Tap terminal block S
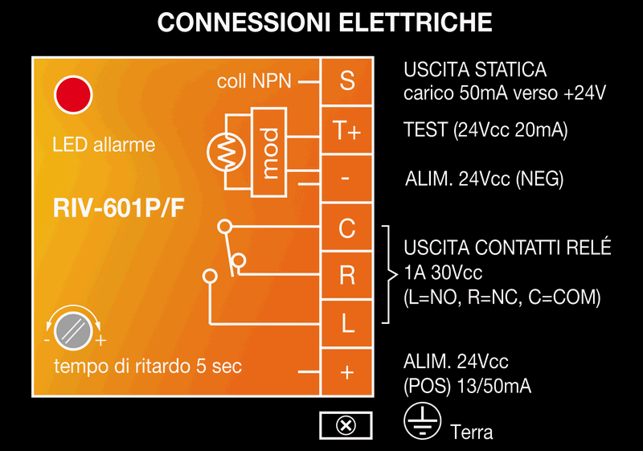tap(347, 81)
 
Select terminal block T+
tap(347, 131)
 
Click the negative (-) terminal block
tap(347, 178)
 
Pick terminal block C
tap(347, 228)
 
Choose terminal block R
tap(347, 276)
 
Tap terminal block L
tap(347, 323)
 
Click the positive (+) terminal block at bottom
tap(347, 372)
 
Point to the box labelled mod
tap(269, 152)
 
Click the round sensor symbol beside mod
tap(226, 151)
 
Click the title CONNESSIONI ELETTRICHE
tap(325, 22)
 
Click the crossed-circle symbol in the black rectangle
tap(346, 425)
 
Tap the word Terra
tap(472, 432)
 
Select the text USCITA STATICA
tap(475, 70)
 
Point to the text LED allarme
tap(104, 146)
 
